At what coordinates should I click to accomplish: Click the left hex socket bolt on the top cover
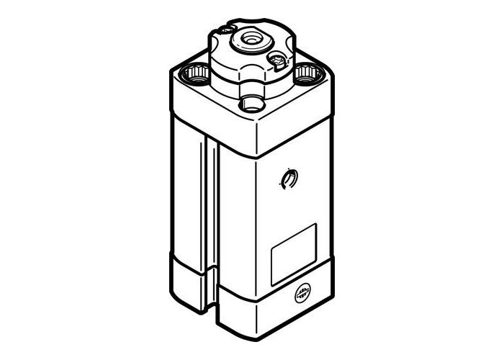point(197,73)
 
